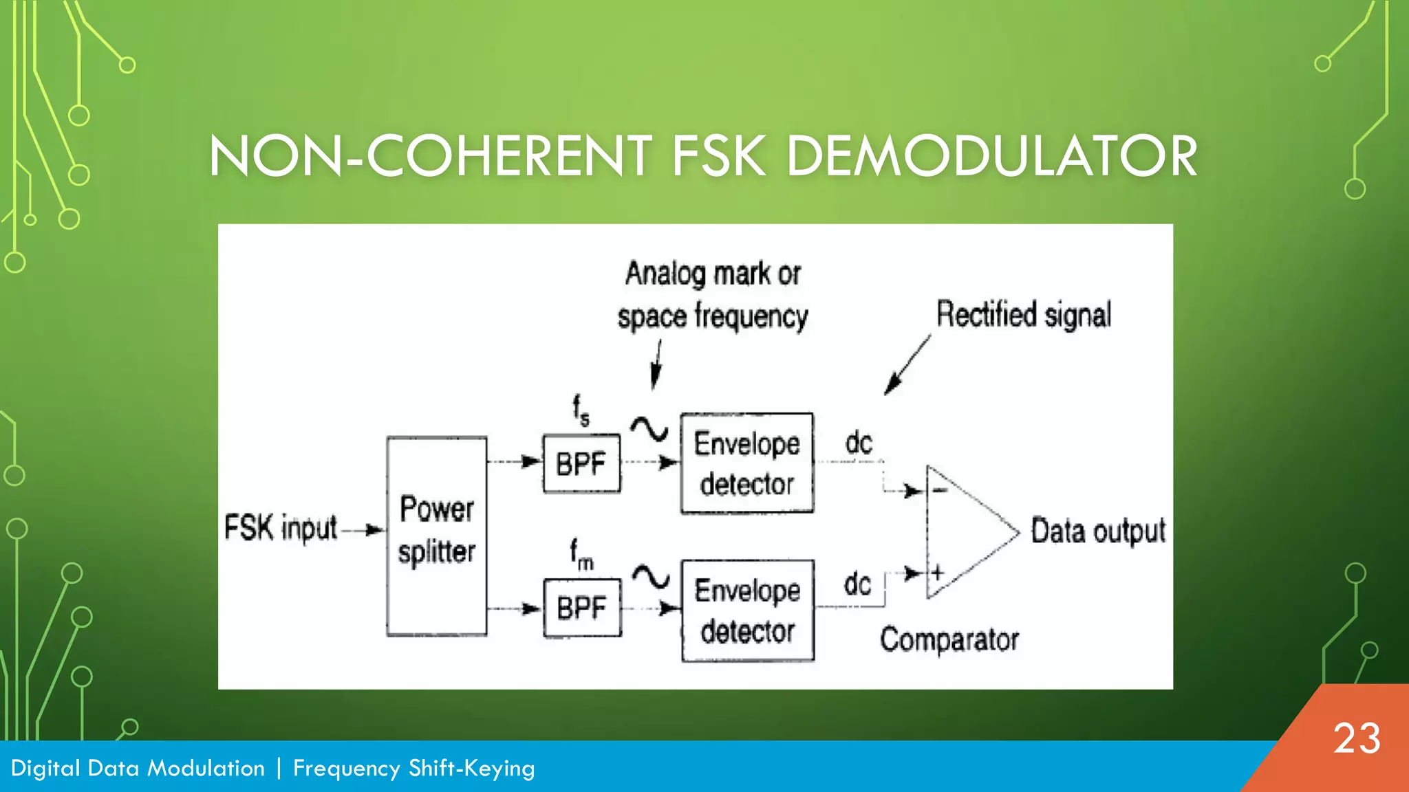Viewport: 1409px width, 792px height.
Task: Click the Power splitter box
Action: pos(437,536)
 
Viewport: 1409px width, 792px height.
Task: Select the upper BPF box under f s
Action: pos(581,464)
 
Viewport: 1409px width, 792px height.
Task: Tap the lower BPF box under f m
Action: pos(582,608)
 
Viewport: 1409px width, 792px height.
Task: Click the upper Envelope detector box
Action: pos(747,463)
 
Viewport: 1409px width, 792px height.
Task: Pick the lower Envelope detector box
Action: pos(748,610)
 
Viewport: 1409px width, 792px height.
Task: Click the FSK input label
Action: pos(281,529)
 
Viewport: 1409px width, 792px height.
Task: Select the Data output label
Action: pos(1098,531)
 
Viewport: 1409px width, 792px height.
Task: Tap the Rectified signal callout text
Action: pos(1024,315)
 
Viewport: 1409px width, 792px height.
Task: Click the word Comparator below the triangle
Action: pos(949,639)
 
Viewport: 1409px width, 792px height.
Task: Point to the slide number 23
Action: pos(1357,739)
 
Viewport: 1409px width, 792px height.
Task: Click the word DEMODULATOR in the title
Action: pos(991,156)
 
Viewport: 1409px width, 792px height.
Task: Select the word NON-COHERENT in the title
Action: pos(431,156)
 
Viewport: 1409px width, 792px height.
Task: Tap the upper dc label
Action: pos(859,443)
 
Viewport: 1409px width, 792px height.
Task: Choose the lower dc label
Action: pos(858,584)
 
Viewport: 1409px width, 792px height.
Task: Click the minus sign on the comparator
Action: pos(940,490)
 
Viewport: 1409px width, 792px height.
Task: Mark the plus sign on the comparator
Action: pos(937,572)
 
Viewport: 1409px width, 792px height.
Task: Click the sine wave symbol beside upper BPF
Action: pos(649,430)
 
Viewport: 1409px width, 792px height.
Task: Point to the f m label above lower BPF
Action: pos(581,554)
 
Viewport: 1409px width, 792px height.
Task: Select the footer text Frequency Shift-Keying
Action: pos(413,768)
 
